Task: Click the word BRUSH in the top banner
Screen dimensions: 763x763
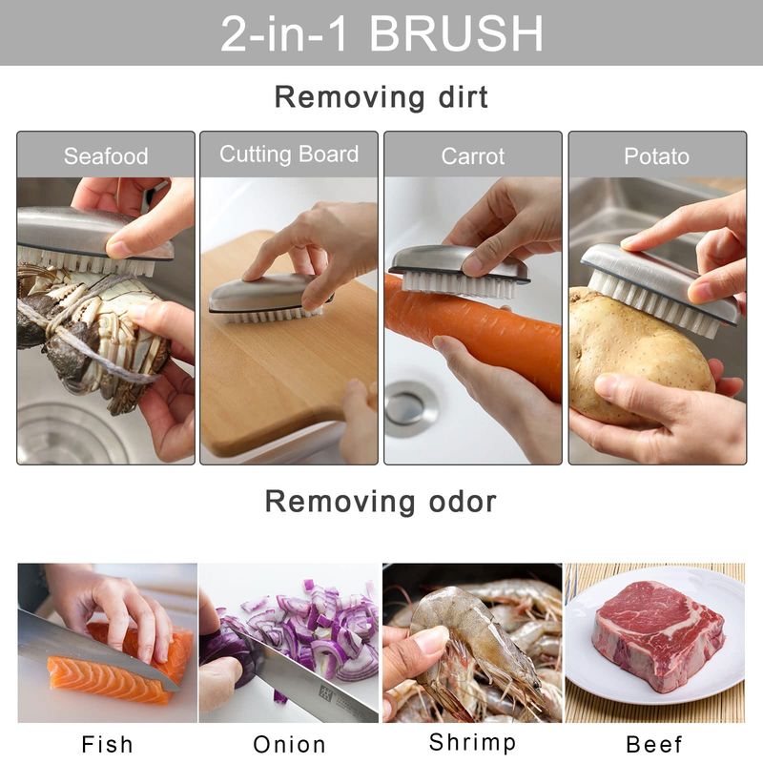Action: pyautogui.click(x=456, y=33)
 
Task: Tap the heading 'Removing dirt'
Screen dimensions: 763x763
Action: pyautogui.click(x=381, y=97)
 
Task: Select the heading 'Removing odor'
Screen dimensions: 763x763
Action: pyautogui.click(x=381, y=502)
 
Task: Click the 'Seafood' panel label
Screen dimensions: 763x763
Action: pyautogui.click(x=106, y=156)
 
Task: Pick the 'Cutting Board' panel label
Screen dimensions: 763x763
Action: pyautogui.click(x=289, y=154)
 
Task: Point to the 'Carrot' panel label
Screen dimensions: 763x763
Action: pyautogui.click(x=472, y=156)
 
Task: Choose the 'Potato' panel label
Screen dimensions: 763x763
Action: pyautogui.click(x=656, y=156)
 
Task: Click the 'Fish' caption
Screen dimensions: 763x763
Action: pyautogui.click(x=107, y=745)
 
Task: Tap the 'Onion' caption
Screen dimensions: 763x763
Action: pyautogui.click(x=289, y=745)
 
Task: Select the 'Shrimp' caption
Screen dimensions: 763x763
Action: pyautogui.click(x=472, y=743)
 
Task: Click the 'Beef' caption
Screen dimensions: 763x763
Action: pyautogui.click(x=654, y=745)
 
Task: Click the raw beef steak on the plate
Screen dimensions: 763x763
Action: pyautogui.click(x=658, y=634)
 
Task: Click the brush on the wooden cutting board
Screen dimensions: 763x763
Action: pyautogui.click(x=269, y=298)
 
